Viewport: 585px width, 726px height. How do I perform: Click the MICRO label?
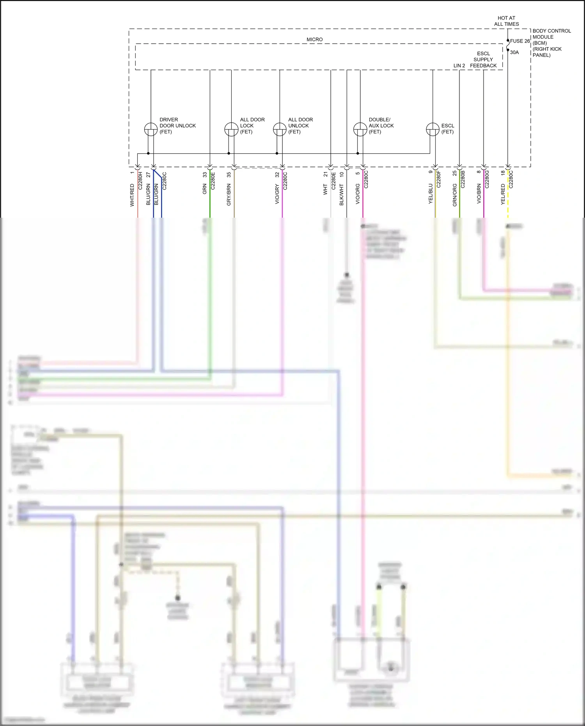pos(314,39)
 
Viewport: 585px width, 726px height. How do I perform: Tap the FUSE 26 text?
pos(520,41)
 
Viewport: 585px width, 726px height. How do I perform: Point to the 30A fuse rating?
pos(514,52)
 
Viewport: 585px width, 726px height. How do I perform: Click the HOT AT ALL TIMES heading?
pos(506,21)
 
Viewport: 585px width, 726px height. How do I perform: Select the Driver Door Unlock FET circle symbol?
pos(151,129)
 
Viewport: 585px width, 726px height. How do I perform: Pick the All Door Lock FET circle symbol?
pos(231,129)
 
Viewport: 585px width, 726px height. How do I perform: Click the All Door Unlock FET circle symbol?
pos(280,129)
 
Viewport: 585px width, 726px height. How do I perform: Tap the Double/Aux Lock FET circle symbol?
pos(360,129)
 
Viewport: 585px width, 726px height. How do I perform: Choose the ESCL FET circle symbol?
pos(433,129)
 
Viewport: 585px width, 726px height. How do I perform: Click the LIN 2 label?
pos(459,66)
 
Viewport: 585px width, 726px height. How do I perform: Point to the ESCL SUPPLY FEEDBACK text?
pos(483,60)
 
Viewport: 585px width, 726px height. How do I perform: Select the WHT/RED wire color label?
pos(132,195)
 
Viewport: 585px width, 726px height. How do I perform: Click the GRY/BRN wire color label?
pos(229,195)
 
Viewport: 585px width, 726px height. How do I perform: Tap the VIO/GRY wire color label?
pos(277,194)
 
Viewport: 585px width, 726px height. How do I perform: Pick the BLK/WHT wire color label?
pos(342,195)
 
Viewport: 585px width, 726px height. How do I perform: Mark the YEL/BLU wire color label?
pos(431,193)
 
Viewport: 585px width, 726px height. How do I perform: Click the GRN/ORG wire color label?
pos(455,195)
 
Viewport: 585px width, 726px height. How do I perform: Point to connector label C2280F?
pos(438,179)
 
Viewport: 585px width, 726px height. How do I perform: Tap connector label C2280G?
pos(487,179)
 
